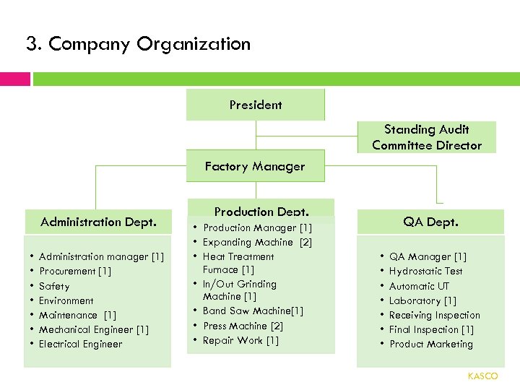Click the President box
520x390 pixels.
[x=256, y=105]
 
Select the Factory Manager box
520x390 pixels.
[x=255, y=166]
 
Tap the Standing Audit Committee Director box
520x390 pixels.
[x=427, y=137]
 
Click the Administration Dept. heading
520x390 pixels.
[x=98, y=222]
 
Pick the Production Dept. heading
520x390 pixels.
[x=261, y=211]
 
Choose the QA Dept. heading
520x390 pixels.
[x=432, y=222]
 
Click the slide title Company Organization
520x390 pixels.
[x=138, y=44]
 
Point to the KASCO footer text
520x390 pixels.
[x=482, y=376]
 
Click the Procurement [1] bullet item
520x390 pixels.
[x=75, y=271]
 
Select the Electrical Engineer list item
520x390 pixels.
[x=80, y=344]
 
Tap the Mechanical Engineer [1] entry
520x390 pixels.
[x=94, y=329]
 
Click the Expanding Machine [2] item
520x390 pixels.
[x=257, y=242]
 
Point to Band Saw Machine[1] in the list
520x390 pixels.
[x=253, y=311]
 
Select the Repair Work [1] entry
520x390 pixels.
[x=240, y=340]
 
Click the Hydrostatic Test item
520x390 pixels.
[x=425, y=271]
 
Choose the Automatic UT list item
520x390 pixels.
[x=419, y=286]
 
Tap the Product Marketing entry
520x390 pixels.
[x=431, y=344]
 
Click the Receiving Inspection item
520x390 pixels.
[x=434, y=315]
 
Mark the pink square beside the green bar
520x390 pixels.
[x=14, y=79]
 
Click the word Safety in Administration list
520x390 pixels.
[x=54, y=286]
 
